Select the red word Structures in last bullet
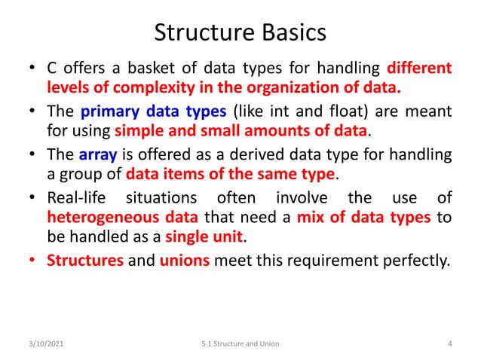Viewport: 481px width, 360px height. (78, 262)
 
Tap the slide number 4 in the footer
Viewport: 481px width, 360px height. (449, 343)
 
